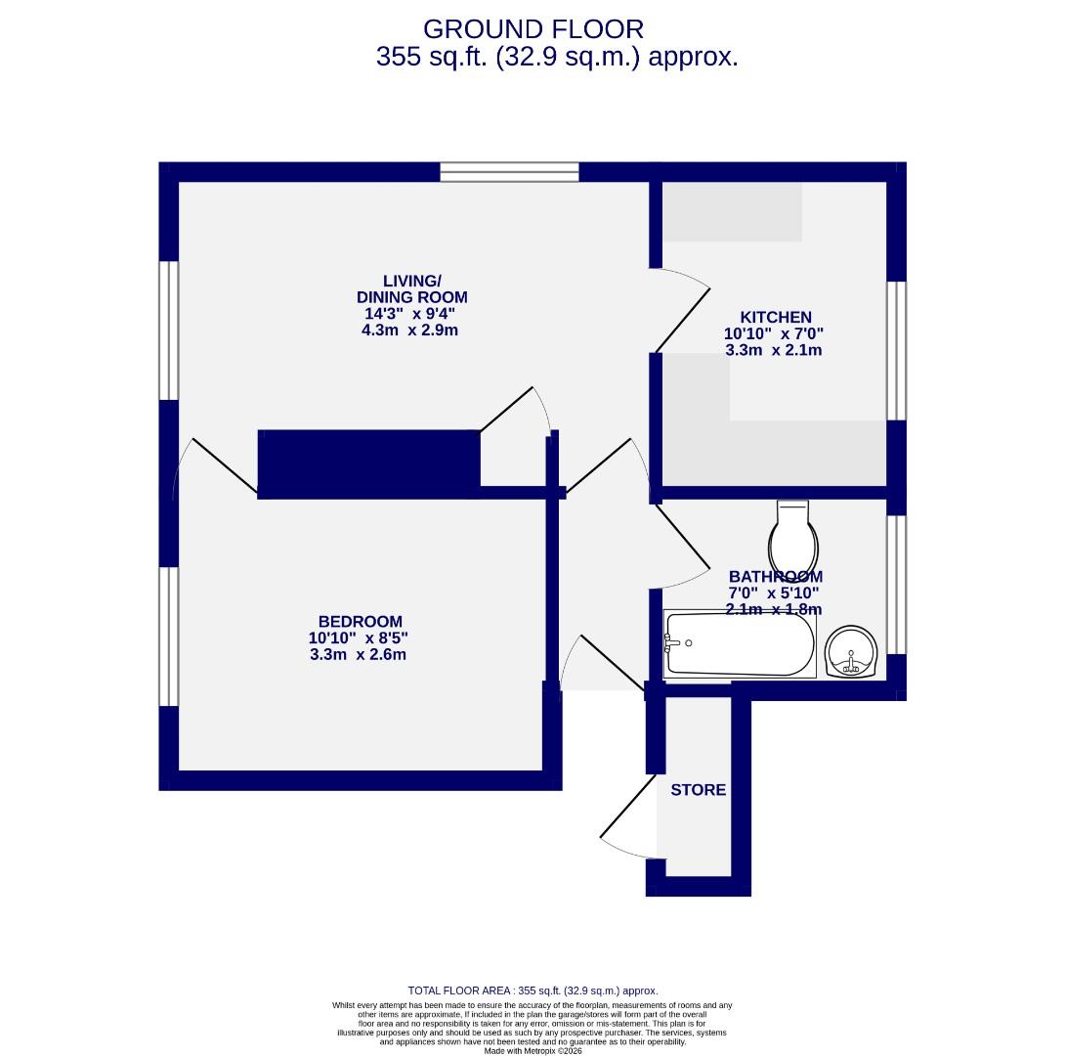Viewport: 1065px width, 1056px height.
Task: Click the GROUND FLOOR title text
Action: coord(533,28)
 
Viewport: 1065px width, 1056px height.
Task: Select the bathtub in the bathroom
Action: coord(739,643)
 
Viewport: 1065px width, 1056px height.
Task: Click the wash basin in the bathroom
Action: coord(851,652)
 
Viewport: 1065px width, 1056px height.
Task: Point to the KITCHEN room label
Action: coord(775,317)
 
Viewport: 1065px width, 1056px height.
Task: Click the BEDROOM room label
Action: coord(360,622)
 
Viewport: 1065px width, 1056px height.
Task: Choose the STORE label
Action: coord(698,790)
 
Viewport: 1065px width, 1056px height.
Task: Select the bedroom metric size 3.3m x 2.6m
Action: coord(358,655)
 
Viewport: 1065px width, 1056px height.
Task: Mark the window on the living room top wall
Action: coord(509,173)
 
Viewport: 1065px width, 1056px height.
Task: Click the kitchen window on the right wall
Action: coord(895,350)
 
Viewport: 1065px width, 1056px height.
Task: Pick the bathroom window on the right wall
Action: coord(895,584)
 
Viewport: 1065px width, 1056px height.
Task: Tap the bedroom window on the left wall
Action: coord(169,636)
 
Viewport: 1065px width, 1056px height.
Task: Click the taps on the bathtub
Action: coord(672,643)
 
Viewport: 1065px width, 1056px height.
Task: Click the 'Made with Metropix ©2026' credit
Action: coord(532,1051)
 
